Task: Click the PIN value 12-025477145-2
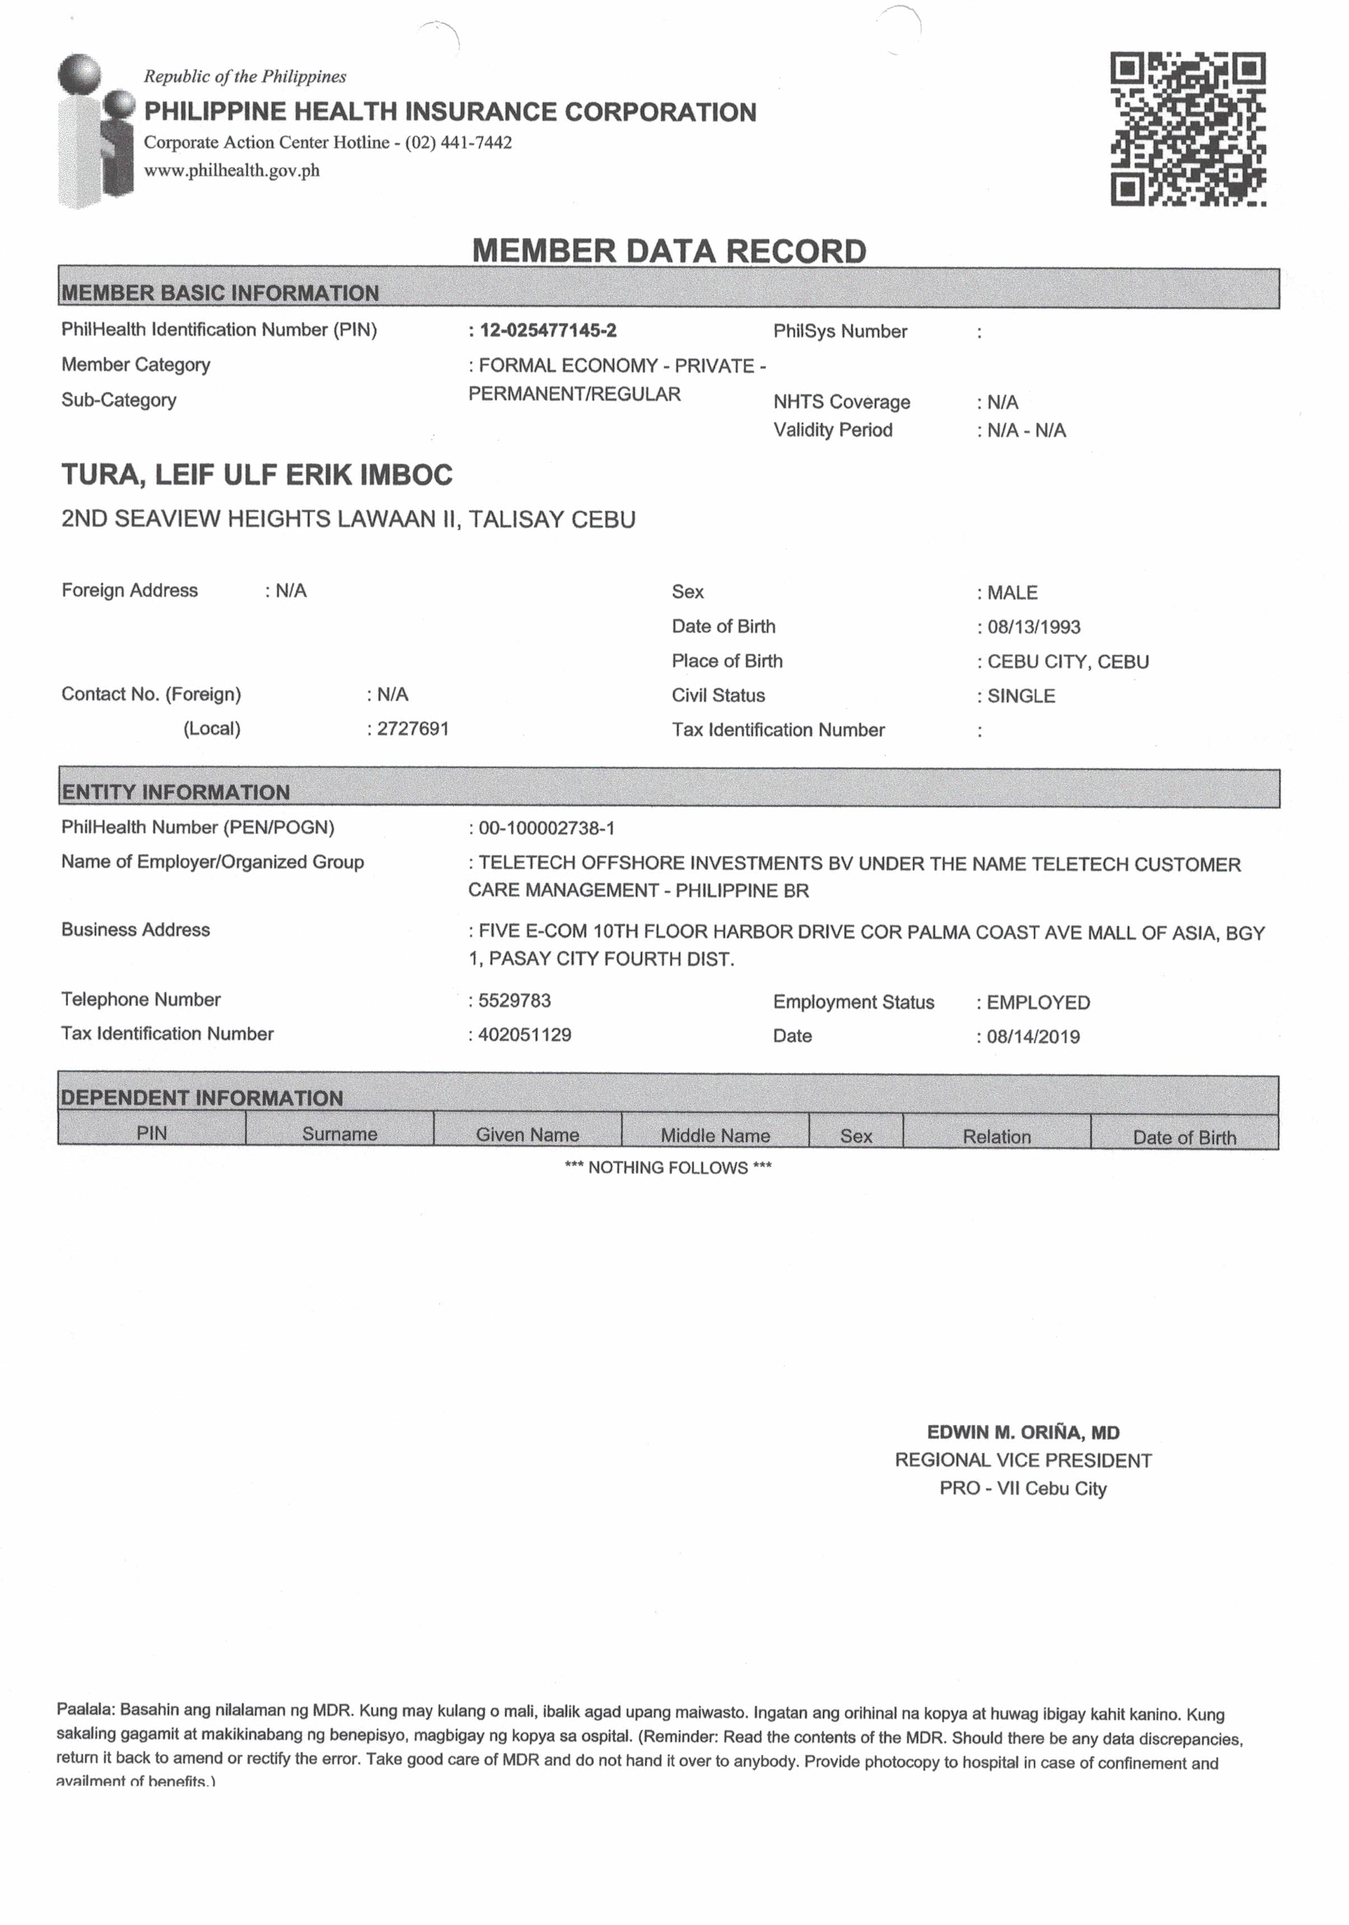(x=548, y=330)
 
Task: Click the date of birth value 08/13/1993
(x=1033, y=627)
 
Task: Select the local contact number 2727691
(x=413, y=729)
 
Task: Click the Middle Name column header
(x=715, y=1135)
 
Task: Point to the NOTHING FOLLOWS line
(x=668, y=1167)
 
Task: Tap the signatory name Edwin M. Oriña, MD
(x=1023, y=1432)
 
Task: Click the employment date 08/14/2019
(x=1033, y=1036)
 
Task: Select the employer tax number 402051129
(x=524, y=1034)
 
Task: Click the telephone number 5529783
(x=514, y=1000)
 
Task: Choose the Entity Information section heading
(x=175, y=791)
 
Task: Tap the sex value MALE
(x=1012, y=593)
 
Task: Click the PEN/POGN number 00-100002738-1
(x=546, y=828)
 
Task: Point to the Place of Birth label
(x=727, y=661)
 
